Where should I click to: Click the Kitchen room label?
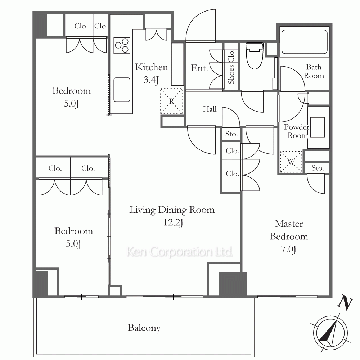click(x=151, y=67)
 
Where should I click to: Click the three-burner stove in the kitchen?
click(x=122, y=45)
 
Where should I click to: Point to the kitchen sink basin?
click(x=122, y=90)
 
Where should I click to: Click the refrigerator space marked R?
click(x=171, y=101)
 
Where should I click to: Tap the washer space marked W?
click(x=291, y=162)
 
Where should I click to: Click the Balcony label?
click(x=144, y=328)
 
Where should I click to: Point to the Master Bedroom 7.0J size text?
click(x=289, y=249)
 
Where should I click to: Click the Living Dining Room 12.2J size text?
click(x=173, y=222)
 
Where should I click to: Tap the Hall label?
click(x=210, y=109)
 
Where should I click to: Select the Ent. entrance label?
click(x=199, y=68)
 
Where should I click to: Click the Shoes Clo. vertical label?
click(x=231, y=67)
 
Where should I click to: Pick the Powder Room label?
click(x=297, y=131)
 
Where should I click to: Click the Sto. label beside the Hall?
click(x=231, y=134)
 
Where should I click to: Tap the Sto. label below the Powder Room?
click(x=318, y=168)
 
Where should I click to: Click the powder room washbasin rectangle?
click(x=318, y=127)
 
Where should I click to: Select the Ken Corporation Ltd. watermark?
click(x=180, y=252)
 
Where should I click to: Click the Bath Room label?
click(x=314, y=71)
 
